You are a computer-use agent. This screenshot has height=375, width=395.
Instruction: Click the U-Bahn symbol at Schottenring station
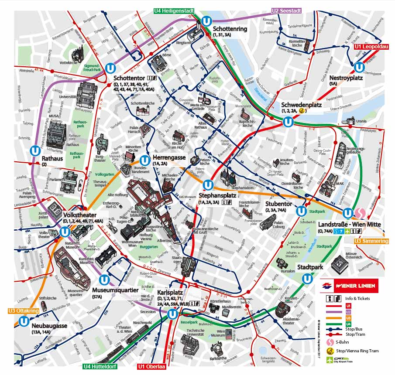point(208,21)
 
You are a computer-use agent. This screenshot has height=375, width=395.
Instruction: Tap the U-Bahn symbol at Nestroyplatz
point(359,68)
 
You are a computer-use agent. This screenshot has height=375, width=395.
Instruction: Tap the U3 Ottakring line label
point(23,311)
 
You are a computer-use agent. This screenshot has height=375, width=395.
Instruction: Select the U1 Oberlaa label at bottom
point(153,367)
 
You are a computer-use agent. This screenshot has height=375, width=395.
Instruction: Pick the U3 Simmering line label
point(371,241)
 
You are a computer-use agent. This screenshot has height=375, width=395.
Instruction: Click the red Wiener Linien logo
point(349,286)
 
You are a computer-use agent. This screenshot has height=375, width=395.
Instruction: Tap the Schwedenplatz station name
point(301,105)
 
